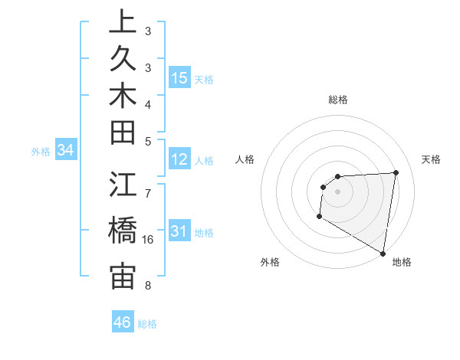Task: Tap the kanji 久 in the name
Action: pyautogui.click(x=123, y=60)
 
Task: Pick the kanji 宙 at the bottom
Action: pyautogui.click(x=123, y=277)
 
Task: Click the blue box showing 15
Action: pyautogui.click(x=179, y=77)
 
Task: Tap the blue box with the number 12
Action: pyautogui.click(x=179, y=159)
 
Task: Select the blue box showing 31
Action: pyautogui.click(x=179, y=231)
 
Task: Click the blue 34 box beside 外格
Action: pyautogui.click(x=66, y=151)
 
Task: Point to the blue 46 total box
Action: pyautogui.click(x=123, y=322)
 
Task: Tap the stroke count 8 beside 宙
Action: pyautogui.click(x=147, y=286)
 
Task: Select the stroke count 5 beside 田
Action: pyautogui.click(x=147, y=141)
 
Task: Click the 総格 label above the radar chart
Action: pyautogui.click(x=337, y=100)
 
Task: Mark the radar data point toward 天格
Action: pyautogui.click(x=396, y=172)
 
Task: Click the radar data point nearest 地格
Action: pyautogui.click(x=383, y=253)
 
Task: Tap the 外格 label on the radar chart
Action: pyautogui.click(x=270, y=262)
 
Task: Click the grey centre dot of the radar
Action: pyautogui.click(x=337, y=191)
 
